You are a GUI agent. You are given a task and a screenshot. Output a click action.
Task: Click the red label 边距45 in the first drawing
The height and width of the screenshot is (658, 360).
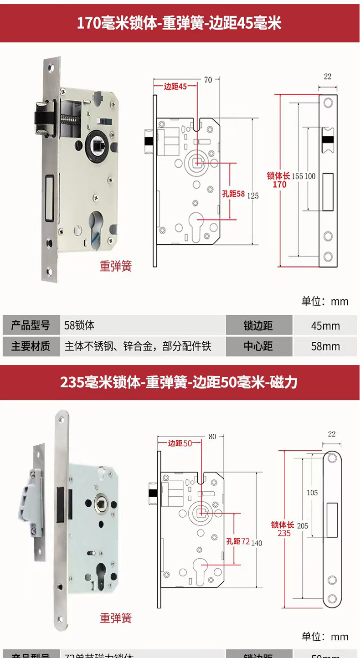pyautogui.click(x=175, y=87)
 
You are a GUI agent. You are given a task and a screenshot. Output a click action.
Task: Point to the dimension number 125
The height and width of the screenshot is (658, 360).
pyautogui.click(x=252, y=195)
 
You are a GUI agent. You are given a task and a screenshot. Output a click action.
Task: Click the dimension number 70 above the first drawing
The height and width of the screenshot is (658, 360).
pyautogui.click(x=208, y=80)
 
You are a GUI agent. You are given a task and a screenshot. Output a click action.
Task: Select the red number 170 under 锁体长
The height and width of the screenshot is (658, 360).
pyautogui.click(x=279, y=185)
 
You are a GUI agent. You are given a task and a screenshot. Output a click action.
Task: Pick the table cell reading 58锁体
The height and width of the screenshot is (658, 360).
pyautogui.click(x=80, y=325)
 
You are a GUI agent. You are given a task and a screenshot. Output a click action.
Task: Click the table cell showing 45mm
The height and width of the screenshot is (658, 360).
pyautogui.click(x=325, y=326)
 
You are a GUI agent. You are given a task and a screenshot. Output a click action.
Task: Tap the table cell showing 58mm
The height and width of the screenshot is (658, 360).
pyautogui.click(x=325, y=346)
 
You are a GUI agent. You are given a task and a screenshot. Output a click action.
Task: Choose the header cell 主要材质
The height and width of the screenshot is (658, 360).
pyautogui.click(x=31, y=346)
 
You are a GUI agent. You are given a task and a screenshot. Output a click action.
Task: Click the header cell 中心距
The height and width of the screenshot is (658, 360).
pyautogui.click(x=258, y=346)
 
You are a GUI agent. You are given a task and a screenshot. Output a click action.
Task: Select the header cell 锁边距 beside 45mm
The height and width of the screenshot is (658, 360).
pyautogui.click(x=258, y=326)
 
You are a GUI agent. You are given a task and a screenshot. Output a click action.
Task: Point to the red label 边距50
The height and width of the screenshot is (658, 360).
pyautogui.click(x=180, y=443)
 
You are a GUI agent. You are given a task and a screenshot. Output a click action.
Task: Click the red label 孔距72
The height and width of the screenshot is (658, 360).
pyautogui.click(x=238, y=541)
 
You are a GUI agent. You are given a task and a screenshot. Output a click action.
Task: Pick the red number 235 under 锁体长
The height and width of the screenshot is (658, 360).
pyautogui.click(x=283, y=533)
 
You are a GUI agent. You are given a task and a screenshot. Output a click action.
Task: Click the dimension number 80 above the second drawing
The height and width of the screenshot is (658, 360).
pyautogui.click(x=212, y=437)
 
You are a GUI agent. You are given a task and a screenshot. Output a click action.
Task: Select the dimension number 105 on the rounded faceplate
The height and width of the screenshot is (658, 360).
pyautogui.click(x=312, y=493)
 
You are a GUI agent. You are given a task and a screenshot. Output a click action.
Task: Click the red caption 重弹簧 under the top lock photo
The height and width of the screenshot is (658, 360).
pyautogui.click(x=116, y=266)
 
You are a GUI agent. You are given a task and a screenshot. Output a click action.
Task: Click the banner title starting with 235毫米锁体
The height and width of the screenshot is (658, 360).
pyautogui.click(x=179, y=382)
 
